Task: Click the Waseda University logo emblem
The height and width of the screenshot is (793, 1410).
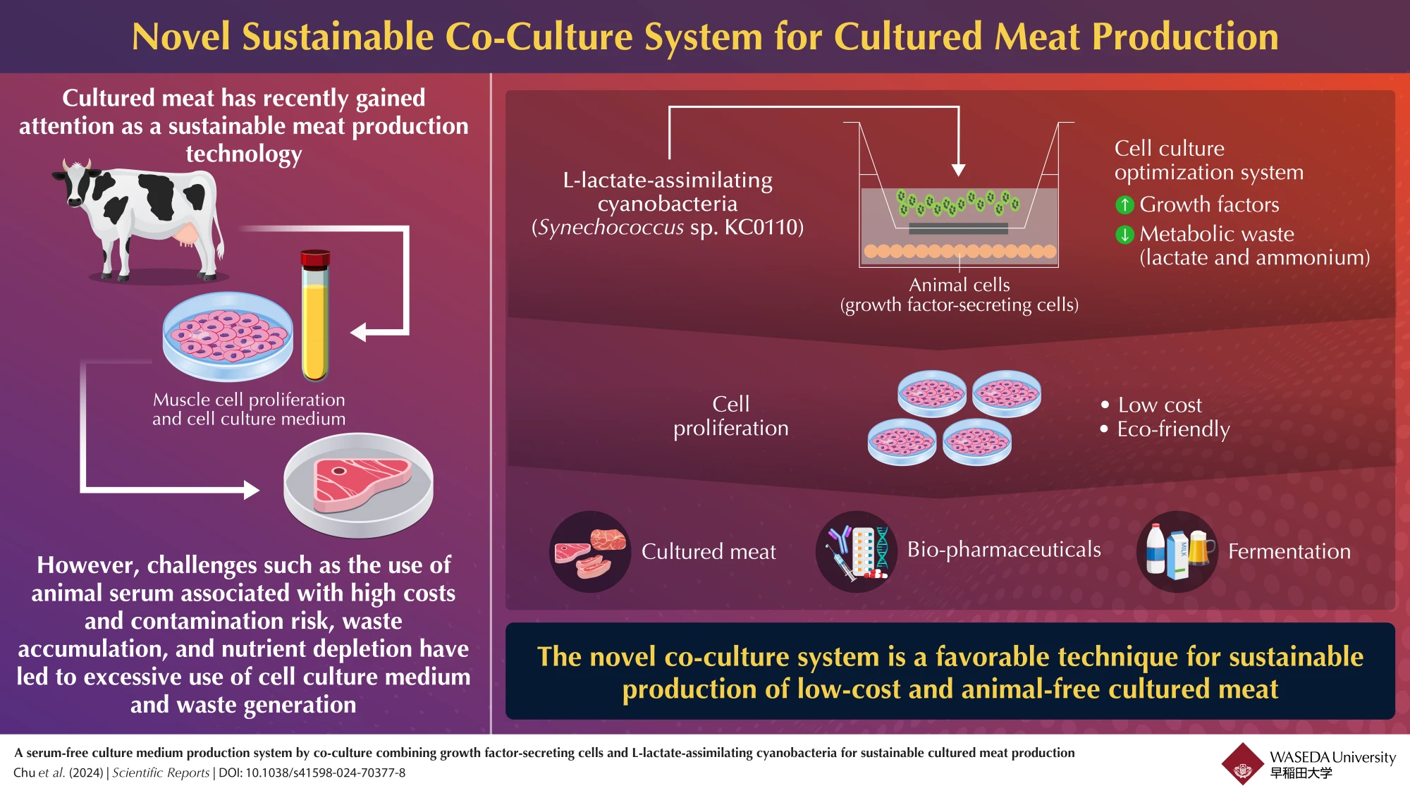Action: click(x=1242, y=763)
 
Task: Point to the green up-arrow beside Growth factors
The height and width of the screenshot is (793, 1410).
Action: click(x=1124, y=204)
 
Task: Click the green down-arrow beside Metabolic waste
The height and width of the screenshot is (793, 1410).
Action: click(x=1124, y=234)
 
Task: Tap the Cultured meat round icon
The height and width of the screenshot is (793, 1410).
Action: click(x=590, y=551)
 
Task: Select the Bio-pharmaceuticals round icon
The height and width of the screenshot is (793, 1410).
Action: click(x=857, y=551)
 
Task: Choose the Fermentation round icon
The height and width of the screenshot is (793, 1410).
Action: click(x=1177, y=551)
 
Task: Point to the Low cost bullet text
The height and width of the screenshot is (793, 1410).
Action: click(x=1160, y=405)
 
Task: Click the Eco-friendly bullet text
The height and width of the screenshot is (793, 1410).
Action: click(x=1173, y=429)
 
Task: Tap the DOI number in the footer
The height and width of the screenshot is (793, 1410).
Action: click(x=325, y=773)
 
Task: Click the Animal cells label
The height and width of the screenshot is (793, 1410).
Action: click(x=959, y=285)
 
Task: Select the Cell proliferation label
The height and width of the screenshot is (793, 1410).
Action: click(x=731, y=416)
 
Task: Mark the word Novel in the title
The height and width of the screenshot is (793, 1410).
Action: click(x=181, y=37)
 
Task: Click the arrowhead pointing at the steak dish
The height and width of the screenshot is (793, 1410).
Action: click(x=252, y=490)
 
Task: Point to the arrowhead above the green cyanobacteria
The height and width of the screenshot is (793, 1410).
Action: click(x=958, y=170)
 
